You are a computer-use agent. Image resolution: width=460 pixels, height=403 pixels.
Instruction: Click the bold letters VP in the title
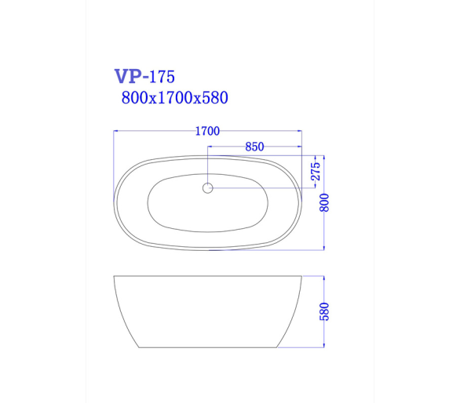pyautogui.click(x=128, y=76)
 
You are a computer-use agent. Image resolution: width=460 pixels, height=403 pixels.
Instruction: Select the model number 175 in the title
pyautogui.click(x=162, y=77)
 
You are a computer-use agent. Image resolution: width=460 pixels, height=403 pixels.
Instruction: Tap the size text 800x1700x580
pyautogui.click(x=174, y=97)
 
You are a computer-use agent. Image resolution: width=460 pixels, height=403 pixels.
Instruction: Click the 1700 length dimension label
pyautogui.click(x=207, y=131)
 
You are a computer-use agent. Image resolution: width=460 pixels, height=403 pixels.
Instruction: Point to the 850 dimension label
pyautogui.click(x=254, y=147)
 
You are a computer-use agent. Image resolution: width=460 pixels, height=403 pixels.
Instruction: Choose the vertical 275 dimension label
pyautogui.click(x=316, y=172)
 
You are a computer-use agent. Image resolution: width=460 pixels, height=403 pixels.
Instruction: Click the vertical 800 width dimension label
pyautogui.click(x=324, y=202)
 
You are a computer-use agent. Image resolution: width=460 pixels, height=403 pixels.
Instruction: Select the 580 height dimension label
pyautogui.click(x=324, y=312)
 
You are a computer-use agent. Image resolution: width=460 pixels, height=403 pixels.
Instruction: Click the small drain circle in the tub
pyautogui.click(x=208, y=188)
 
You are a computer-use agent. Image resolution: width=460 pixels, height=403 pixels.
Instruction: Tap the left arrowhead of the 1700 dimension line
pyautogui.click(x=115, y=131)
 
